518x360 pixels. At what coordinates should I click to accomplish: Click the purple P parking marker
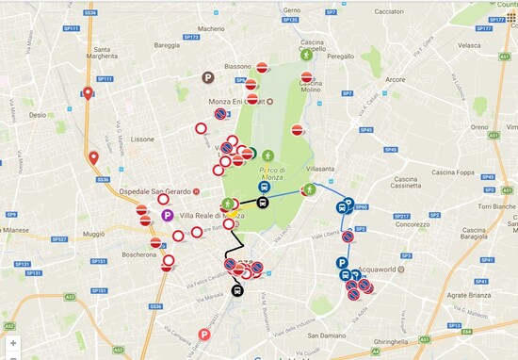click(167, 216)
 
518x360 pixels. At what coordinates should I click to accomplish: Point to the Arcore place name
click(396, 80)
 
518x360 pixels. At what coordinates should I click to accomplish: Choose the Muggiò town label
click(93, 231)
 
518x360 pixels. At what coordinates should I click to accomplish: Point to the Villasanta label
click(320, 169)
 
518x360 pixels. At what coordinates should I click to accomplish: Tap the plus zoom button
click(13, 343)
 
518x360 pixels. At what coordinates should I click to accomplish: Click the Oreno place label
click(478, 127)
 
